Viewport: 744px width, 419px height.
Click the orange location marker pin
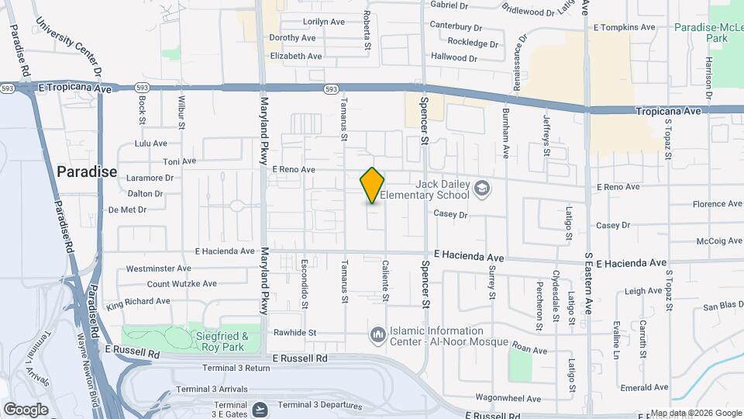(x=373, y=185)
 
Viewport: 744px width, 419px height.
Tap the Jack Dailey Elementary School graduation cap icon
(x=482, y=189)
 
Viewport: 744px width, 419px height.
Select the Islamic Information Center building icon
(x=378, y=335)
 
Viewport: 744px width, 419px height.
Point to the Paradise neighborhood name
(x=87, y=171)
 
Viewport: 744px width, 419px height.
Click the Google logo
(x=26, y=409)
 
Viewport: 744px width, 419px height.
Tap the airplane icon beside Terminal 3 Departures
(x=261, y=405)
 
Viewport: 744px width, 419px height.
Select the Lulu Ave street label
(x=150, y=144)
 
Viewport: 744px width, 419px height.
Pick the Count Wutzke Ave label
(x=158, y=285)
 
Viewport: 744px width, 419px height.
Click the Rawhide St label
(x=295, y=332)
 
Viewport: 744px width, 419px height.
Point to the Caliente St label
(x=384, y=281)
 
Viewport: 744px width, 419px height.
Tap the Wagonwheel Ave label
(x=508, y=399)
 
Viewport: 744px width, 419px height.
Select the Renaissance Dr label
(x=518, y=61)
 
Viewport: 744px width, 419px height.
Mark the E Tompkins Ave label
(x=624, y=27)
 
